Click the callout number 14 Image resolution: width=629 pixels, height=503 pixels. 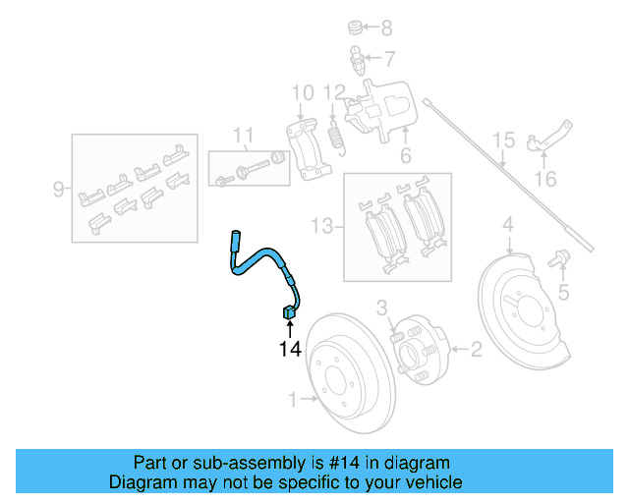[x=289, y=348]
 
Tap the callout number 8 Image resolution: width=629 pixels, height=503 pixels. [x=386, y=28]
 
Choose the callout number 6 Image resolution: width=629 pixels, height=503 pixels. [x=405, y=156]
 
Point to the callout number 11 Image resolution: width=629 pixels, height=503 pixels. [x=243, y=135]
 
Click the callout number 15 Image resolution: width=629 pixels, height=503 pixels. [x=503, y=140]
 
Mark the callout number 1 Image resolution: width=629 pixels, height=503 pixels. [x=292, y=399]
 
